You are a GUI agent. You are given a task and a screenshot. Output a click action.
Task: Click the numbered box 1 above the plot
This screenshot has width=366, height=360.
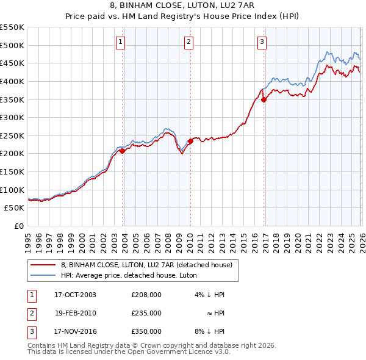tap(121, 42)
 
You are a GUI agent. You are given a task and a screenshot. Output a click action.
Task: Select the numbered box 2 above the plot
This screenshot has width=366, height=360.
tap(189, 42)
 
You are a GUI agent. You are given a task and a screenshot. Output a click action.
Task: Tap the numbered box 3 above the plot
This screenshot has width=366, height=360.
tap(262, 42)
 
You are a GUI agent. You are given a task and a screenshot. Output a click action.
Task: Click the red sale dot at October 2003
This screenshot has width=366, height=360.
tap(122, 151)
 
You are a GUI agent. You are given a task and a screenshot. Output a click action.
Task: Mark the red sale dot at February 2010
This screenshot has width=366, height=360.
tap(190, 141)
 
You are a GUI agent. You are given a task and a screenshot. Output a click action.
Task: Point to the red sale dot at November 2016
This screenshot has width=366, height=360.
tap(264, 99)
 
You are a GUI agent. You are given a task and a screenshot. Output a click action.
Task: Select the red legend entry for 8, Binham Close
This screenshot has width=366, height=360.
tap(146, 265)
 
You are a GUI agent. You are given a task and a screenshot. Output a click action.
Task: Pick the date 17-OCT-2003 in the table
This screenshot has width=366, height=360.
tap(75, 295)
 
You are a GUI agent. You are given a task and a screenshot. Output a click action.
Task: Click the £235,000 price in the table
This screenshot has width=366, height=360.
tap(146, 313)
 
